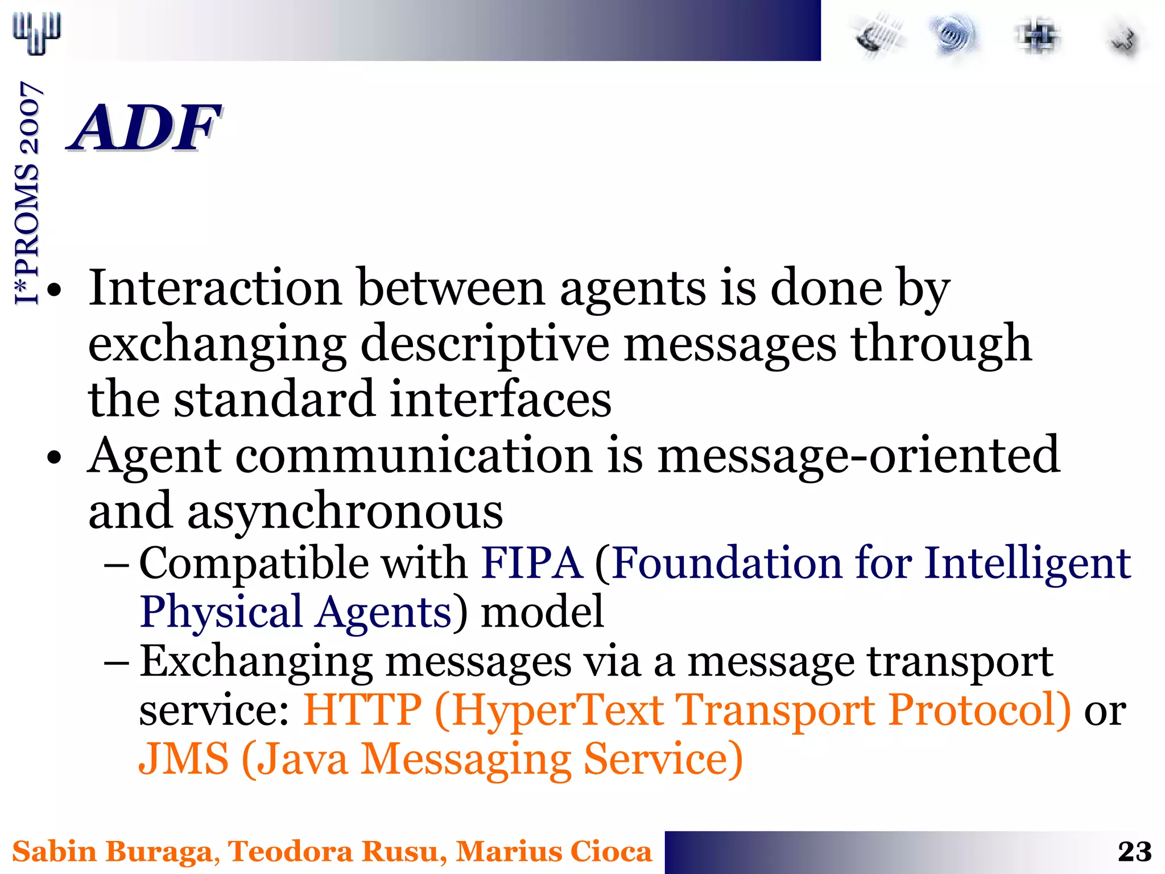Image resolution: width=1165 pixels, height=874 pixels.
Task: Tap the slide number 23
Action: point(1134,852)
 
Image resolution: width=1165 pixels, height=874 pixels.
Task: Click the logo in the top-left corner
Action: point(37,33)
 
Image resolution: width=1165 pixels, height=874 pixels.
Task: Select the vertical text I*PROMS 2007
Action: point(27,193)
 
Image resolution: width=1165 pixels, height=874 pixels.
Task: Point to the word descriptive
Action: point(485,344)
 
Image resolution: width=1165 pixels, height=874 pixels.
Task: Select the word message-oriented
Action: point(858,455)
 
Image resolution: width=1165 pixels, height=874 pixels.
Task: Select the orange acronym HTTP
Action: point(362,710)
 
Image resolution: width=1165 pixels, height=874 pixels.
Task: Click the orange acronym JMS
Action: point(184,759)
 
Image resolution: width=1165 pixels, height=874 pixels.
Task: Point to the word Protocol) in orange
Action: point(979,710)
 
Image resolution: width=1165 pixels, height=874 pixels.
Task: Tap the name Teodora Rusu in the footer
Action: point(333,852)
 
